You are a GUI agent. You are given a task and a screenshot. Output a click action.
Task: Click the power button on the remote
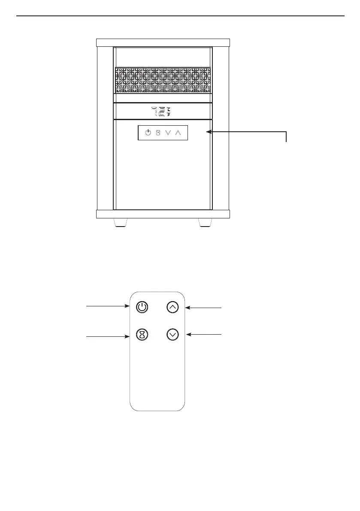[142, 307]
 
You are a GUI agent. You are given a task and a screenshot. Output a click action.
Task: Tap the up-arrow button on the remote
[172, 307]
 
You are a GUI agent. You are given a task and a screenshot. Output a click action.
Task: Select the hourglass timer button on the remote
[142, 335]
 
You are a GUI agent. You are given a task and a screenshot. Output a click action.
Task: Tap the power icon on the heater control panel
[148, 133]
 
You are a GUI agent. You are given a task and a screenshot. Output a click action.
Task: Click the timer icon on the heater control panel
[158, 133]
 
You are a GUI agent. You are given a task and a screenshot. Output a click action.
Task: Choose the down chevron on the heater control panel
[168, 133]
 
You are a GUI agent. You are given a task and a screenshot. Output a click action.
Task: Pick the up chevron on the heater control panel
[178, 133]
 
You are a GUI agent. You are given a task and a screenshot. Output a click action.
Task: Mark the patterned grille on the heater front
[163, 80]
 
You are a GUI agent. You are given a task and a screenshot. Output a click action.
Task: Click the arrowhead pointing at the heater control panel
[209, 132]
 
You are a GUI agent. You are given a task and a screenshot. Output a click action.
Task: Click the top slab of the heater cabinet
[163, 42]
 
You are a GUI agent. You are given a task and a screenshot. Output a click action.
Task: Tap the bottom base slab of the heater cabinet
[163, 214]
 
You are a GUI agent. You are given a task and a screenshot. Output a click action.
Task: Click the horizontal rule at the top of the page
[180, 16]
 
